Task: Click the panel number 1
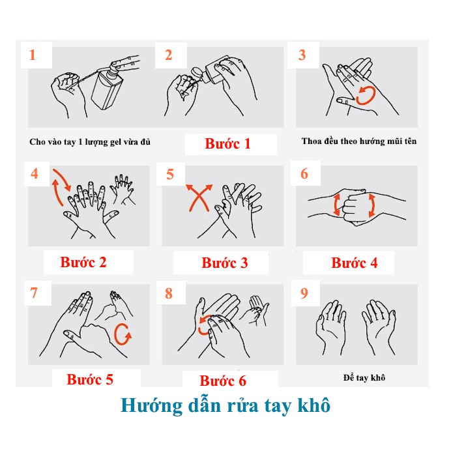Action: tap(33, 55)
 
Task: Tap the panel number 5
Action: tap(170, 174)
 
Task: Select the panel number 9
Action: tap(304, 293)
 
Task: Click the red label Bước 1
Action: tap(227, 143)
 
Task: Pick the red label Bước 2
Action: tap(83, 263)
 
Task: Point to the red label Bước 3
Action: tap(224, 263)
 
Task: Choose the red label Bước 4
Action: tap(354, 263)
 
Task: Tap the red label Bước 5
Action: tap(90, 379)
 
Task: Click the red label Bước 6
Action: tap(223, 381)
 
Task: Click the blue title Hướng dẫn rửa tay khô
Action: tap(225, 405)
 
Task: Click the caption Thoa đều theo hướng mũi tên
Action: tap(358, 141)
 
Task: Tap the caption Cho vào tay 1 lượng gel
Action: tap(89, 141)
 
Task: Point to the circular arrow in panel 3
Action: tap(364, 95)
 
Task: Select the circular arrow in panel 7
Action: tap(123, 335)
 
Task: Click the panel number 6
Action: tap(304, 174)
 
